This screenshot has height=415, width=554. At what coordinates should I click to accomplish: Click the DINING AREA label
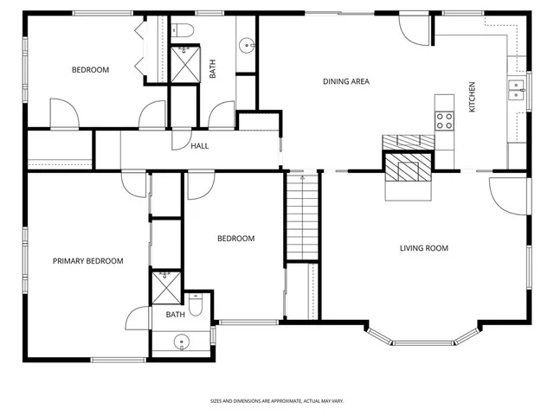click(x=346, y=82)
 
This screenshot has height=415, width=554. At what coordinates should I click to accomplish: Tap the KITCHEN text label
click(x=472, y=97)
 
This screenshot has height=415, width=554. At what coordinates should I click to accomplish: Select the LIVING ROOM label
click(x=423, y=248)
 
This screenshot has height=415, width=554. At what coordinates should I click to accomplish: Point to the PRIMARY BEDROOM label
click(x=87, y=261)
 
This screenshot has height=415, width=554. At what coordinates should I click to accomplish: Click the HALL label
click(x=200, y=145)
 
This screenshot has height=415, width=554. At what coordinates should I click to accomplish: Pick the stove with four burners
click(x=445, y=120)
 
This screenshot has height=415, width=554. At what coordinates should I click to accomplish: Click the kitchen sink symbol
click(x=516, y=89)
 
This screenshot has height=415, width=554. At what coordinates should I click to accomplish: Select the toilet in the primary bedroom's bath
click(x=196, y=307)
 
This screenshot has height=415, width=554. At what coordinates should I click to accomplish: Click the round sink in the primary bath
click(x=181, y=342)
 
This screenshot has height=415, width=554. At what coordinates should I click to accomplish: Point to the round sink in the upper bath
click(x=247, y=44)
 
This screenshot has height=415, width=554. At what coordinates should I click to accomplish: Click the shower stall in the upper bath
click(x=184, y=64)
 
